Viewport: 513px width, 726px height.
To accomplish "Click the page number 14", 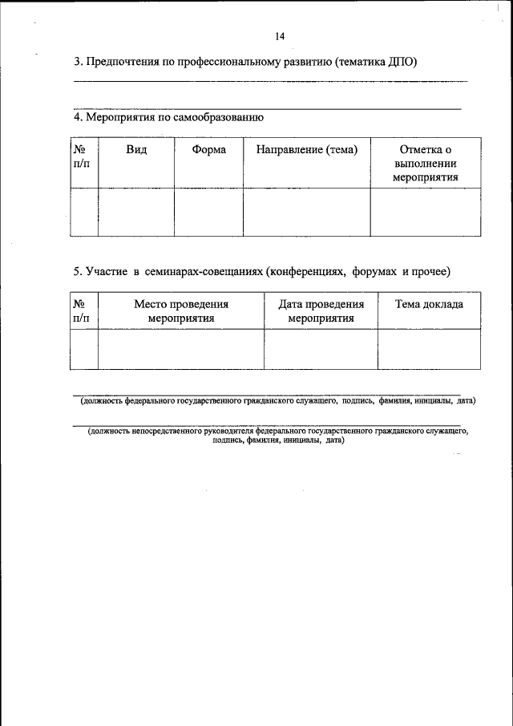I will tap(280, 36).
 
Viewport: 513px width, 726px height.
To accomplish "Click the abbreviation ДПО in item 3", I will tap(401, 62).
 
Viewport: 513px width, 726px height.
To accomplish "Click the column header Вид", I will tap(135, 149).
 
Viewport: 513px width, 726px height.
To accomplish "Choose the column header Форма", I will tap(208, 149).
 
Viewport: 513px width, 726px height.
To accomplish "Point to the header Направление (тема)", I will tap(306, 149).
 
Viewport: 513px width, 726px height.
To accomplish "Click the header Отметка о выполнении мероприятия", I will tap(425, 163).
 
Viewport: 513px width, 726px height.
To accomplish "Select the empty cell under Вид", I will tap(135, 212).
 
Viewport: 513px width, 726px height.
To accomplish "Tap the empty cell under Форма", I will tap(208, 212).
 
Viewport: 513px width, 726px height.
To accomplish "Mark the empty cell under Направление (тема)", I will tap(306, 212).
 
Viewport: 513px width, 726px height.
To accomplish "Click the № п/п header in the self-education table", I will tap(82, 156).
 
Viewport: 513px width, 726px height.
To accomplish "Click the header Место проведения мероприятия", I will tap(180, 311).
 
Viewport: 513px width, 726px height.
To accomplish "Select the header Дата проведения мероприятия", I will tap(321, 311).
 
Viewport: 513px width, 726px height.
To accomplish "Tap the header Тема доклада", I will tap(429, 305).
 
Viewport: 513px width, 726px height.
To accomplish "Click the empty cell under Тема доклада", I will tap(429, 349).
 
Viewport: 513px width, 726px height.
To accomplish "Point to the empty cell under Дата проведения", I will tap(321, 349).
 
